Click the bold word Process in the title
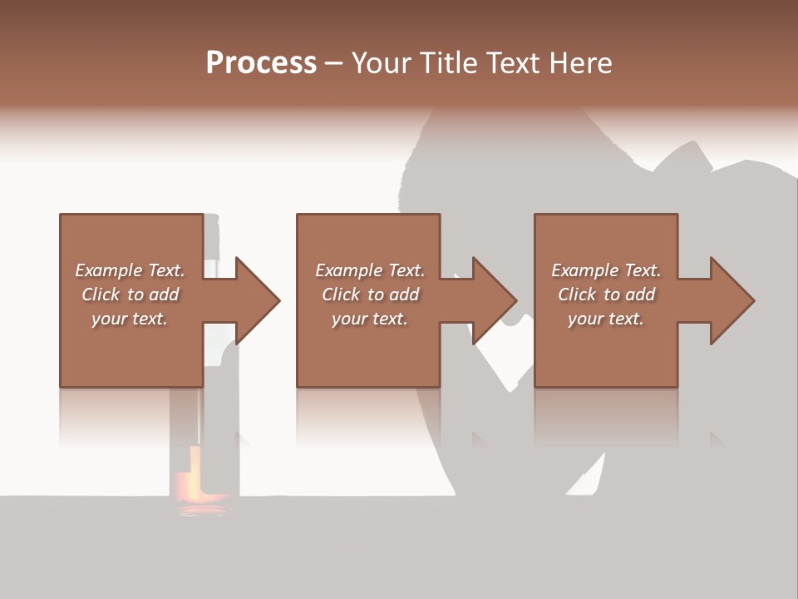pyautogui.click(x=261, y=63)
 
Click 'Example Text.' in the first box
pyautogui.click(x=130, y=270)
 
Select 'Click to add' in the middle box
pyautogui.click(x=370, y=295)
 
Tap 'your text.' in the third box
pyautogui.click(x=606, y=319)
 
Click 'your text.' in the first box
pyautogui.click(x=130, y=319)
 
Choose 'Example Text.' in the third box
pyautogui.click(x=606, y=270)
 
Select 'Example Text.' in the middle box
pyautogui.click(x=370, y=270)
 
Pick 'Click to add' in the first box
pyautogui.click(x=130, y=295)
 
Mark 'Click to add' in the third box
pyautogui.click(x=606, y=295)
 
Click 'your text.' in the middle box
pyautogui.click(x=370, y=319)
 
